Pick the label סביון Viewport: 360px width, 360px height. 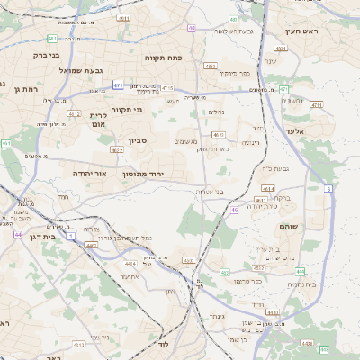(x=137, y=140)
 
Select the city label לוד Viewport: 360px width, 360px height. (x=163, y=345)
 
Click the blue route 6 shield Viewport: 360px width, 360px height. (x=328, y=189)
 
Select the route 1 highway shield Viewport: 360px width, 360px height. (x=71, y=235)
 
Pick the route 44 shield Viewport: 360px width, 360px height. (x=18, y=235)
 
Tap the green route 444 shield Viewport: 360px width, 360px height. (x=300, y=271)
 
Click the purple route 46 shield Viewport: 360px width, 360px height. (x=234, y=210)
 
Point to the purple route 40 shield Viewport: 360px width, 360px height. (x=192, y=28)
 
